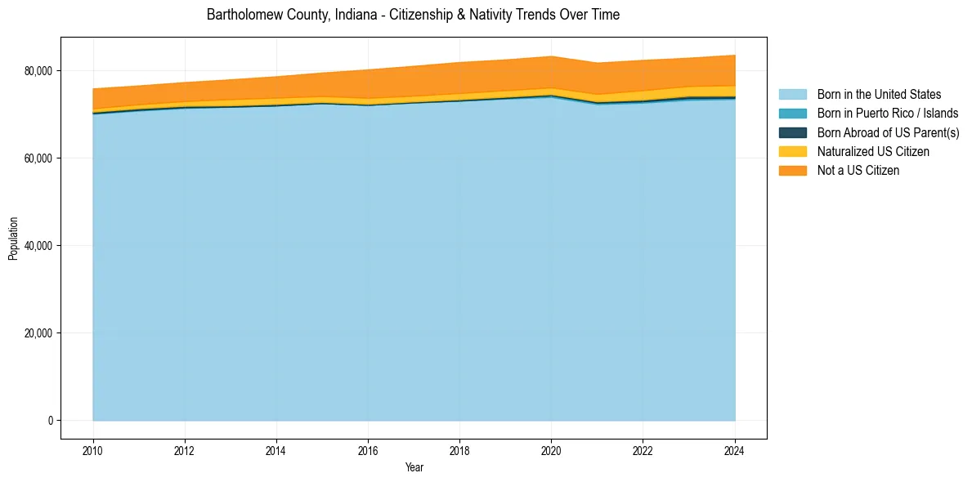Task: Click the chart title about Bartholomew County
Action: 413,15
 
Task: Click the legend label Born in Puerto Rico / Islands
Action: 887,114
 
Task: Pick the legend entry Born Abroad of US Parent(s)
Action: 888,132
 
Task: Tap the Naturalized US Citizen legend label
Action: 873,152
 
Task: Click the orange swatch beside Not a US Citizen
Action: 792,171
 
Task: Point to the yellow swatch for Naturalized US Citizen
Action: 792,152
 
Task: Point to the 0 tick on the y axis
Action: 49,421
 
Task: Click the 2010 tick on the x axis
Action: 93,449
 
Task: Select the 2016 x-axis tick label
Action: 368,449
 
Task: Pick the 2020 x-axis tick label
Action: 551,449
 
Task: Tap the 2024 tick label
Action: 735,449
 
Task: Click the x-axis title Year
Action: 414,468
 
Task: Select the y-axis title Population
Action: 13,239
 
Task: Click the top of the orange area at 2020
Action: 551,56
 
